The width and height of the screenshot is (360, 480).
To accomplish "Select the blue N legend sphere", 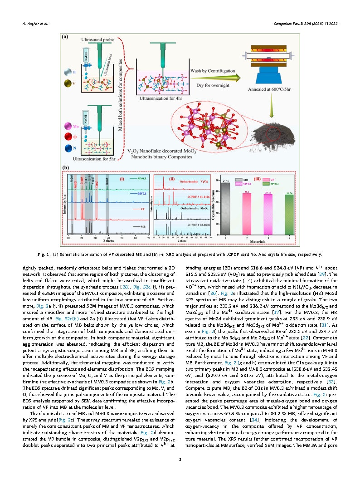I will (68, 147).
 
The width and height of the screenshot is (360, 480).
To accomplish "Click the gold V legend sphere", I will (68, 84).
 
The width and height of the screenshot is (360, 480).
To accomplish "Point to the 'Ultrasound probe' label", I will (96, 40).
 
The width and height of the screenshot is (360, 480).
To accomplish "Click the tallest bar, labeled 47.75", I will (225, 208).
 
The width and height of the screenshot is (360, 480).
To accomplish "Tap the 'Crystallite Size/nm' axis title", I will (214, 205).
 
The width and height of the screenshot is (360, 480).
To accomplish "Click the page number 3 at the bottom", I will (180, 460).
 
